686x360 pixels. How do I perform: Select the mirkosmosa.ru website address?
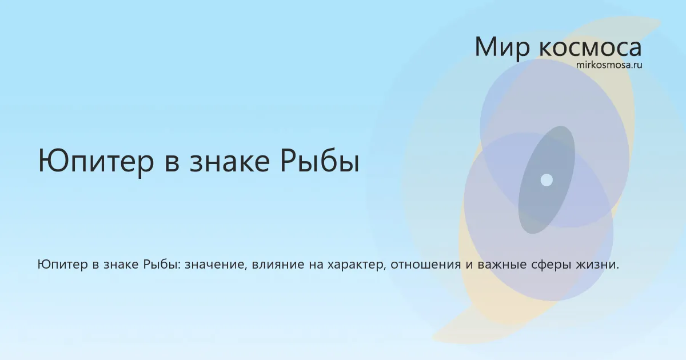coord(609,65)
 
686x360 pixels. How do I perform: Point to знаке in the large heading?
coord(230,162)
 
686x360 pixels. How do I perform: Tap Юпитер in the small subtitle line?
coord(62,265)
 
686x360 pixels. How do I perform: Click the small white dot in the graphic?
coord(547,180)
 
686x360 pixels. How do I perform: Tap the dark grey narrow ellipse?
coord(547,180)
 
